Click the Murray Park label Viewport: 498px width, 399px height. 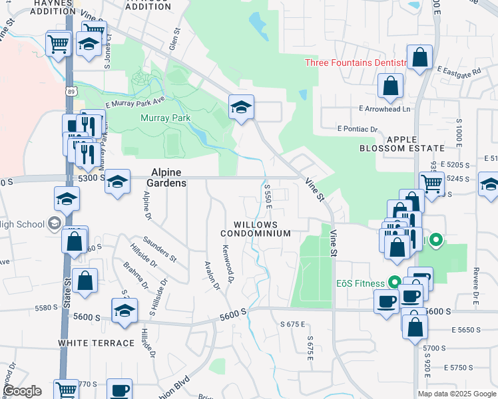[x=166, y=118]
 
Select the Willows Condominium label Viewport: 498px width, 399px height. [x=256, y=229]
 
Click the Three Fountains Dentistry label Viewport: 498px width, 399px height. [x=356, y=63]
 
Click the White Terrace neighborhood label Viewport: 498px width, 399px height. [x=96, y=342]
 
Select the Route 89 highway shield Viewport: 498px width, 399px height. [x=71, y=90]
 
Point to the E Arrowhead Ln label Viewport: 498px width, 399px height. [x=385, y=108]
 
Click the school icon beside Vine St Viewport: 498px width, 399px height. [x=241, y=106]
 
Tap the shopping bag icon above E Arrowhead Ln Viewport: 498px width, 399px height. [x=390, y=86]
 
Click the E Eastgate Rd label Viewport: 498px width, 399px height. [x=459, y=70]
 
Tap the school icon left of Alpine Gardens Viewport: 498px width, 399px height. [x=117, y=182]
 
